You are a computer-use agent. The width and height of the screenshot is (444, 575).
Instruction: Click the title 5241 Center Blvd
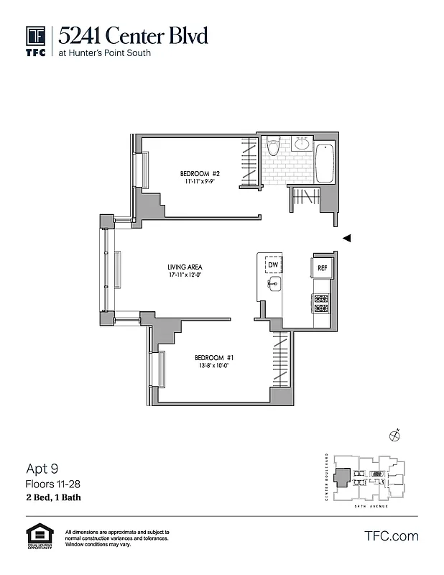pos(134,34)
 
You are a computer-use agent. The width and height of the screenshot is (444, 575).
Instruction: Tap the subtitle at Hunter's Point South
pos(105,52)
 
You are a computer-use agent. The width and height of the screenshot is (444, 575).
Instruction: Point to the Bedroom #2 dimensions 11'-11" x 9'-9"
pos(199,182)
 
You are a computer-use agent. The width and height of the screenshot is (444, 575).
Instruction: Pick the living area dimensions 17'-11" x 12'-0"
pos(185,275)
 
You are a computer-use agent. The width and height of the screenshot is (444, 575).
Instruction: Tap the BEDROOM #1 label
pos(213,357)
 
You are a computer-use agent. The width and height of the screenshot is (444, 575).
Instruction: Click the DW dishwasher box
pos(273,265)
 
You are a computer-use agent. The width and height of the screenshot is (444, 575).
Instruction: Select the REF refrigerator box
pos(323,268)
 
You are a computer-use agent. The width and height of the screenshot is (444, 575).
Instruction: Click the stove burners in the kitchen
pos(321,303)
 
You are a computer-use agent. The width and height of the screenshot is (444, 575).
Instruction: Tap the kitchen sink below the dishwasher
pos(274,285)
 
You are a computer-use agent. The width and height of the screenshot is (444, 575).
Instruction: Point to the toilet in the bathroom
pos(272,147)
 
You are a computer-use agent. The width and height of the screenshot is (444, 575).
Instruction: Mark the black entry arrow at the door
pos(346,239)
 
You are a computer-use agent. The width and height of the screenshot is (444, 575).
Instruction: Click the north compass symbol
pos(394,434)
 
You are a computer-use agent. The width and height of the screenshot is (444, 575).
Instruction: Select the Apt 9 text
pos(42,469)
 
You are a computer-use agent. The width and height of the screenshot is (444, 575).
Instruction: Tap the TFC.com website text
pos(392,536)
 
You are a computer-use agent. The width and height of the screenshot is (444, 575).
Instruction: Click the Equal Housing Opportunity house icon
pos(39,535)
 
